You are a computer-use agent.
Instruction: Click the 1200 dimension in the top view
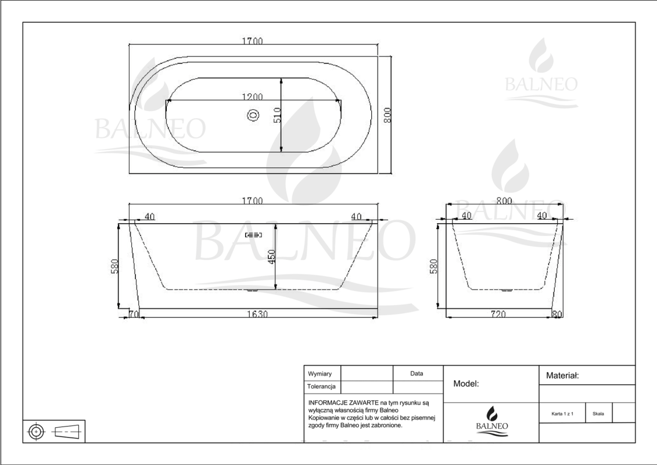(x=252, y=97)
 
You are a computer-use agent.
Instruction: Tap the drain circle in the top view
(x=253, y=115)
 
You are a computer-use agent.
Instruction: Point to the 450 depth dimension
(x=271, y=256)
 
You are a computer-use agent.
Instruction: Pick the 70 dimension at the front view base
(x=134, y=314)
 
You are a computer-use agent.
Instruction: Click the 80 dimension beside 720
(x=557, y=314)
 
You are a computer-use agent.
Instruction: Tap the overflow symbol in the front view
(x=253, y=234)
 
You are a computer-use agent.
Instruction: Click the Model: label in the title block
(x=466, y=384)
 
